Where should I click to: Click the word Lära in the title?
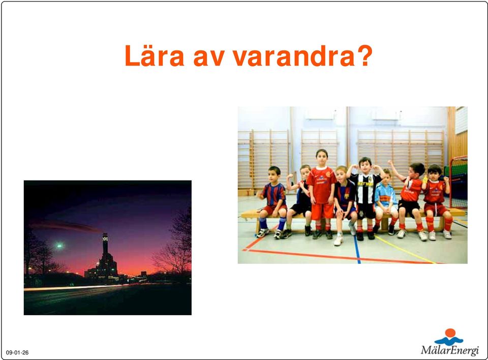coord(155,56)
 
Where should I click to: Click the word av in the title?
coord(208,59)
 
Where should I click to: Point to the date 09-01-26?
coord(17,352)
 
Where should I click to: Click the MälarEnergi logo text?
coord(450,350)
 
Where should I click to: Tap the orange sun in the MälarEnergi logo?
coord(450,333)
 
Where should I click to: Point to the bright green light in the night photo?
coord(59,246)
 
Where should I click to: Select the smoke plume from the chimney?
coord(66,226)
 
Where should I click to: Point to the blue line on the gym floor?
coord(357,249)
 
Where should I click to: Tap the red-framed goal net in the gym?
coord(458,182)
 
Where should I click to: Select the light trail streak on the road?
coord(75,287)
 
